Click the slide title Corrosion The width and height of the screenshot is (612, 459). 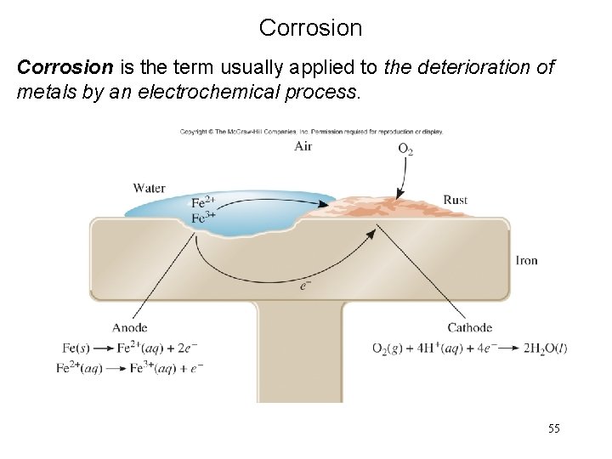pyautogui.click(x=310, y=28)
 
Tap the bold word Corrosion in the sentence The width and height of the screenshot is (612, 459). pyautogui.click(x=59, y=68)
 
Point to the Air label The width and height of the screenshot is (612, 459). pyautogui.click(x=303, y=146)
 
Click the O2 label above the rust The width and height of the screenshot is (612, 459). pyautogui.click(x=406, y=149)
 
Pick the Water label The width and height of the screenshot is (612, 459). pyautogui.click(x=150, y=188)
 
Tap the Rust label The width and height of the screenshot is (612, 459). pyautogui.click(x=455, y=200)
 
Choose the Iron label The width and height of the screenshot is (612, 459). pyautogui.click(x=526, y=260)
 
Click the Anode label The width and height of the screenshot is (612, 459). pyautogui.click(x=129, y=327)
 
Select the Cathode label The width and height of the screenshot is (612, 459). pyautogui.click(x=469, y=327)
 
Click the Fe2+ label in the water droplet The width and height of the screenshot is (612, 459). pyautogui.click(x=201, y=202)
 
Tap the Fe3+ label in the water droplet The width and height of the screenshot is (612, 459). pyautogui.click(x=201, y=217)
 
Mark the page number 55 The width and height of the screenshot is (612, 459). pyautogui.click(x=552, y=430)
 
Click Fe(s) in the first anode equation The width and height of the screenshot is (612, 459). pyautogui.click(x=77, y=348)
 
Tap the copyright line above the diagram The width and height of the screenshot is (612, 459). pyautogui.click(x=310, y=132)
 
